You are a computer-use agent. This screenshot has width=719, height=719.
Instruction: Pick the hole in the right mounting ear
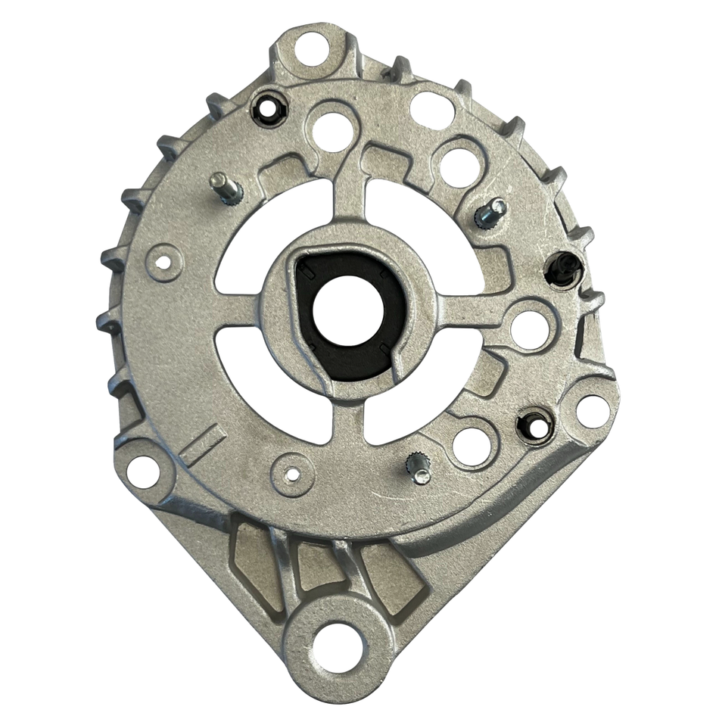click(x=592, y=409)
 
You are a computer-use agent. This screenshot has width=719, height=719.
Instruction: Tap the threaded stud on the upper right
click(x=490, y=213)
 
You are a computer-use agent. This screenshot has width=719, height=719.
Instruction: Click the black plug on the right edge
click(x=563, y=269)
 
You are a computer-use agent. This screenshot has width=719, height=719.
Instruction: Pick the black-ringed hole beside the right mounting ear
click(x=536, y=427)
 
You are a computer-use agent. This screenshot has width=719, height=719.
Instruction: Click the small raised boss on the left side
click(x=163, y=263)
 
